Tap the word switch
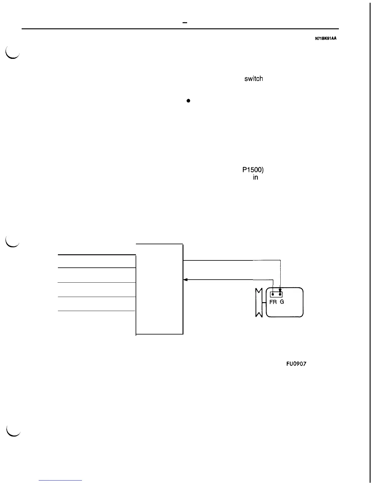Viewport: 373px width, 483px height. click(x=253, y=79)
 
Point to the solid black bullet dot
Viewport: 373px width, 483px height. click(x=189, y=101)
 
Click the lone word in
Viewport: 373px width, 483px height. click(x=255, y=177)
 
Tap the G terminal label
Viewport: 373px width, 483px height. click(x=282, y=302)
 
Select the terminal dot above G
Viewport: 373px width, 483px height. click(x=280, y=294)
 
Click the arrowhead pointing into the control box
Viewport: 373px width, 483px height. click(x=185, y=280)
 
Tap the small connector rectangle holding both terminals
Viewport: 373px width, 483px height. click(x=276, y=294)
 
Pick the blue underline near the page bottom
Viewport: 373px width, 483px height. click(x=61, y=480)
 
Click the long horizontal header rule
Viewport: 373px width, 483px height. click(x=180, y=29)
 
